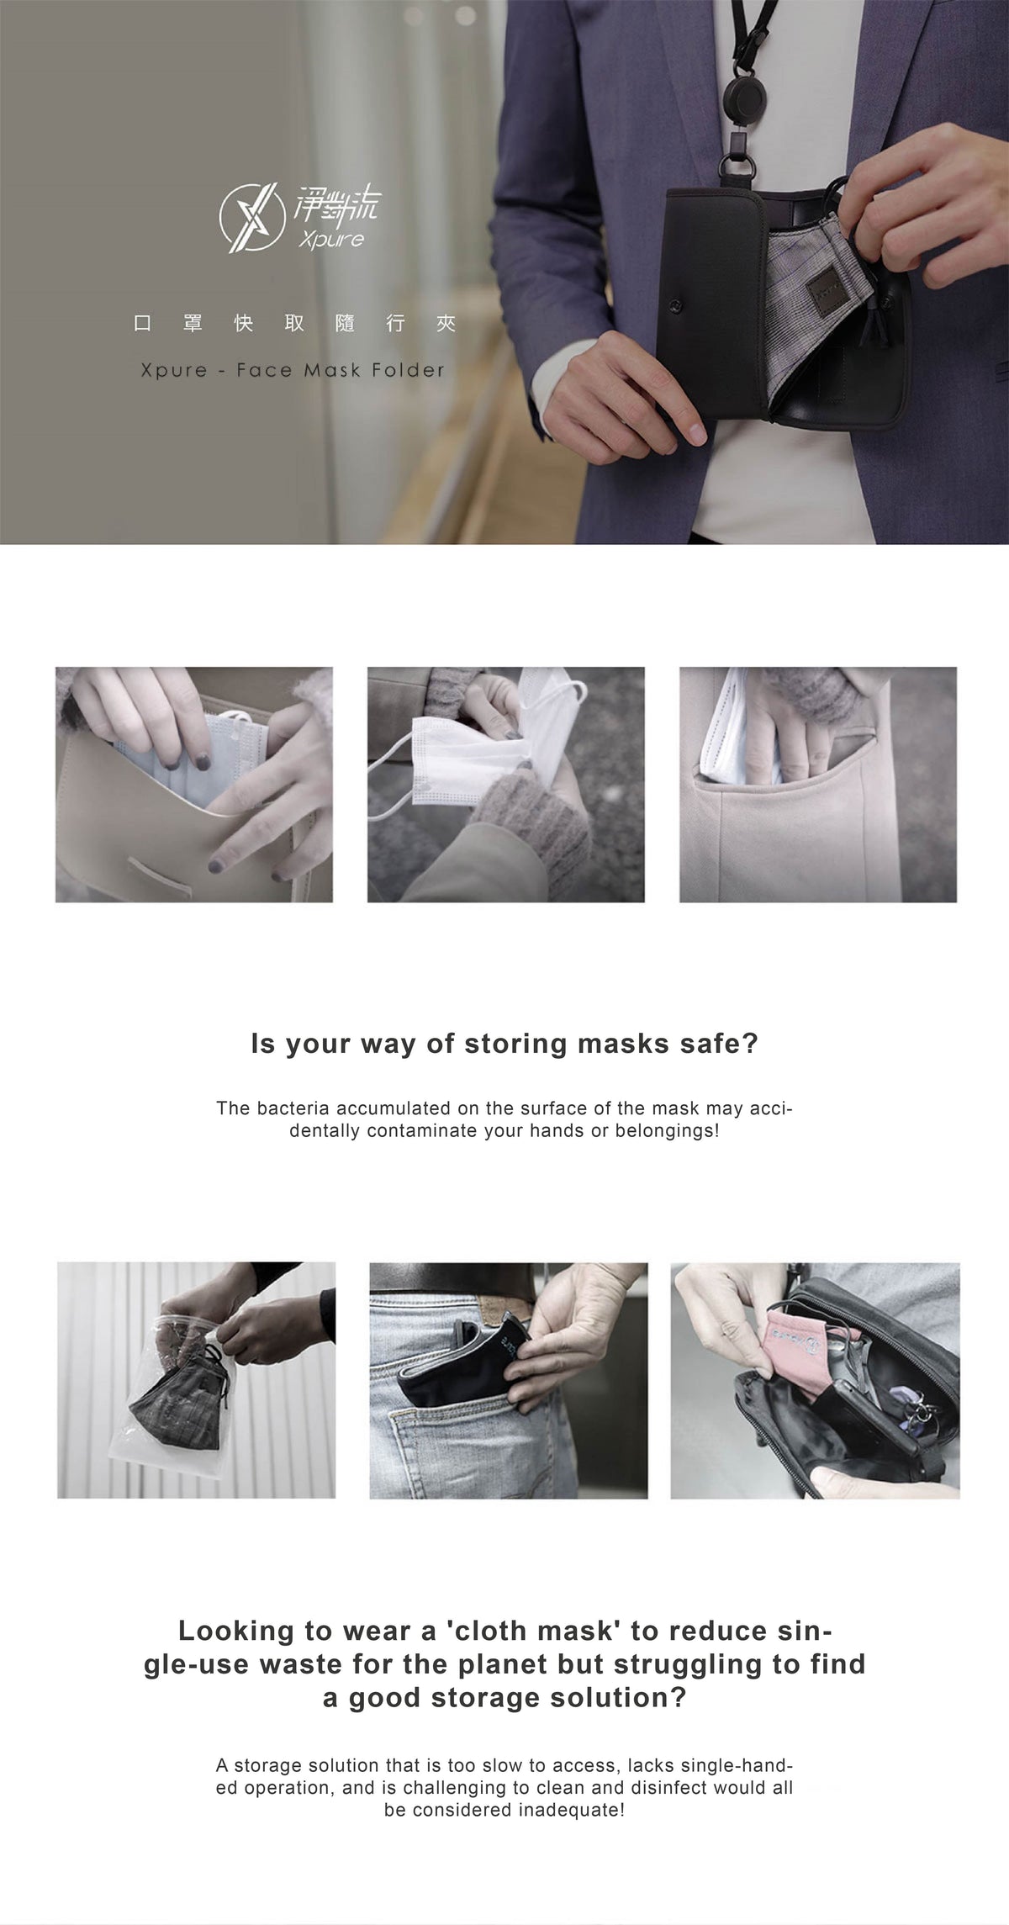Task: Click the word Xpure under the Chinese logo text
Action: [331, 240]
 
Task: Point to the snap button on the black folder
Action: [674, 307]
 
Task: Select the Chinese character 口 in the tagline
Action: [143, 323]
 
